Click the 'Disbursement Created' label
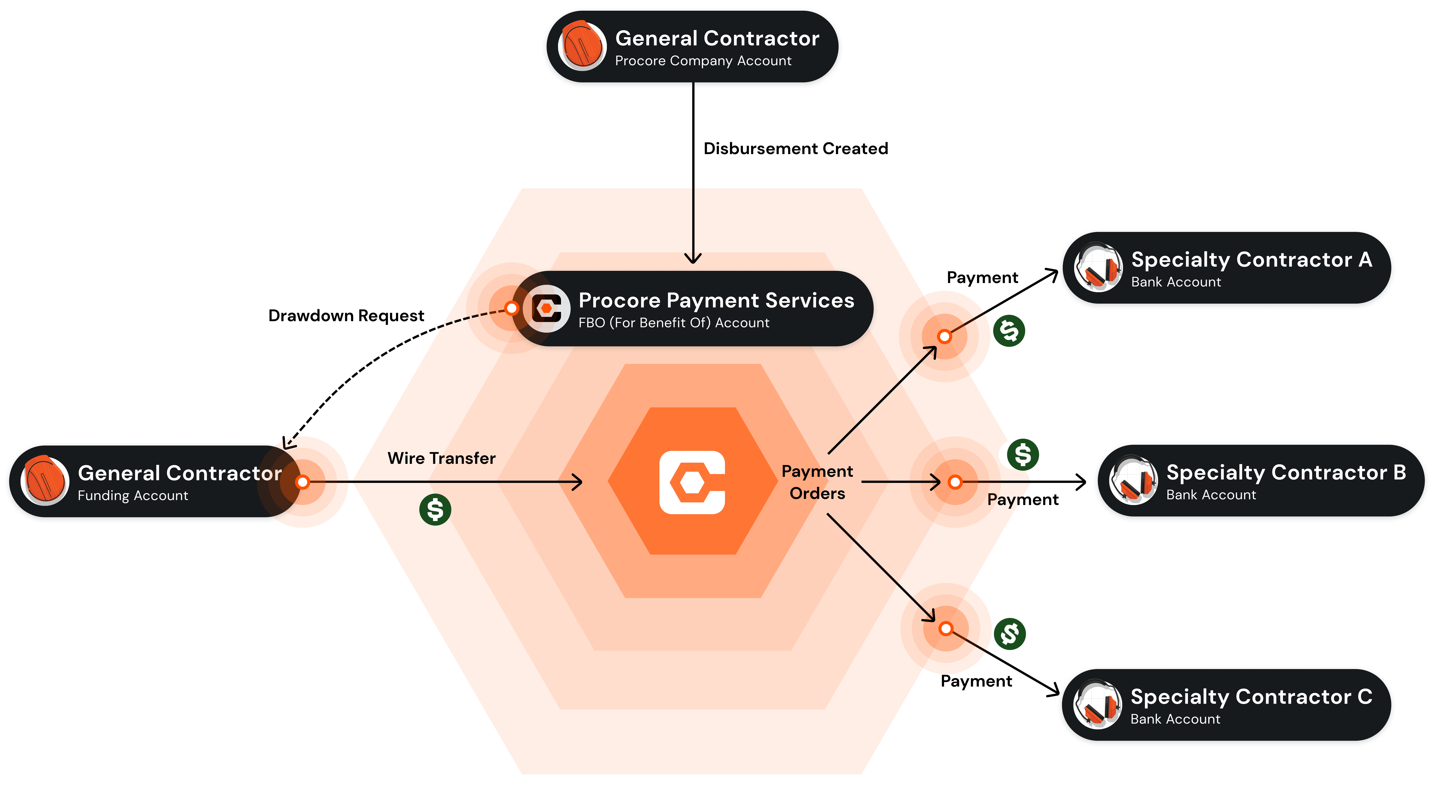(796, 149)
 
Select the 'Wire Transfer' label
(441, 458)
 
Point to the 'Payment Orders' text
(817, 483)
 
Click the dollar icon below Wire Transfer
(435, 509)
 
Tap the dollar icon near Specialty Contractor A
(1009, 331)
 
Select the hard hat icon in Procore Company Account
(582, 46)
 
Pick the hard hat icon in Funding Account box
(45, 480)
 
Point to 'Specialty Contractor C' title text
(1251, 697)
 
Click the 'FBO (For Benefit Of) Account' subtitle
(674, 323)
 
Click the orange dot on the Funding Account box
(303, 482)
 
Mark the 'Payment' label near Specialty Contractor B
(1023, 500)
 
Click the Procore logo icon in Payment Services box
(546, 308)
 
